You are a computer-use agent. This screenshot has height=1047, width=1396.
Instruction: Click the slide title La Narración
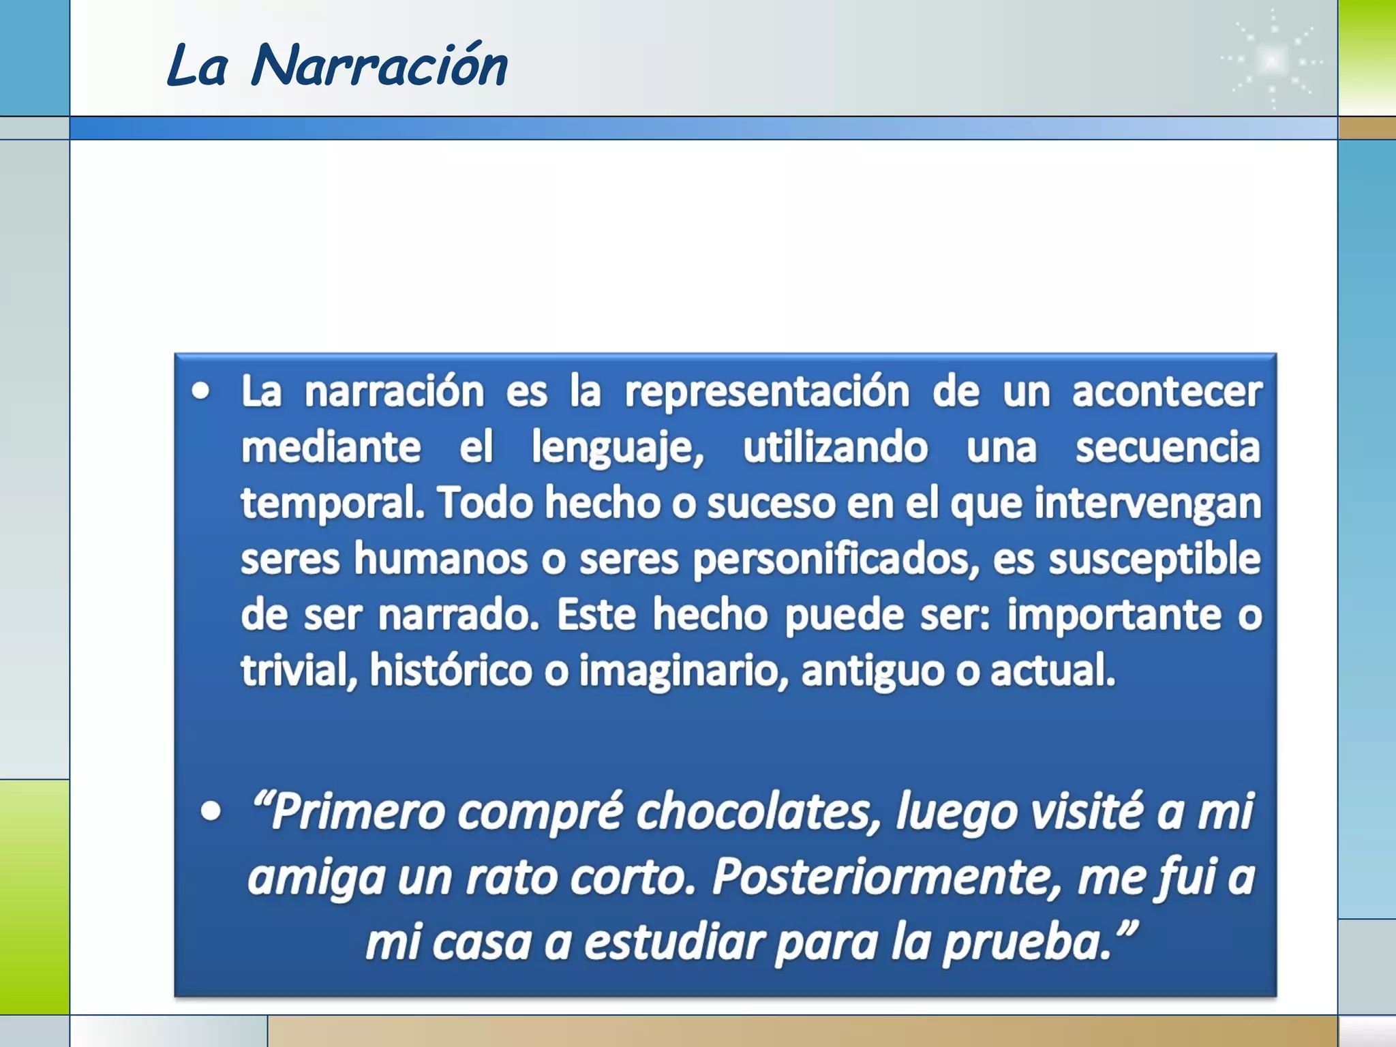click(x=337, y=65)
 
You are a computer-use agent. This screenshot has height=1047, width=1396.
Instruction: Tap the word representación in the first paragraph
click(x=767, y=392)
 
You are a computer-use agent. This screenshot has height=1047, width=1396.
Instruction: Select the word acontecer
click(x=1166, y=392)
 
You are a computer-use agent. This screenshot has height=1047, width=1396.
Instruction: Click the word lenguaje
click(x=617, y=449)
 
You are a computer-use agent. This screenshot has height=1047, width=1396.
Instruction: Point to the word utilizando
click(x=835, y=448)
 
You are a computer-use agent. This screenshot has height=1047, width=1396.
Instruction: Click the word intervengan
click(x=1147, y=504)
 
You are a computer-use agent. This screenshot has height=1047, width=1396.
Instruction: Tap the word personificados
click(x=836, y=560)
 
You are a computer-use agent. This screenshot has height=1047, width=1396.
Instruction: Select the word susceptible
click(x=1154, y=560)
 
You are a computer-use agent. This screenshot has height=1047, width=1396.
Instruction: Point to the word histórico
click(x=451, y=671)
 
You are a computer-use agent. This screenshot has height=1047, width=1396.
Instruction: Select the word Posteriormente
click(x=887, y=878)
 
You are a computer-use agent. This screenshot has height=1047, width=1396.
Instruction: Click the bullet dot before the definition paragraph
click(x=200, y=391)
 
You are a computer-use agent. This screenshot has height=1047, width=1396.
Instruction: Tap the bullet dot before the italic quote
click(x=211, y=811)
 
